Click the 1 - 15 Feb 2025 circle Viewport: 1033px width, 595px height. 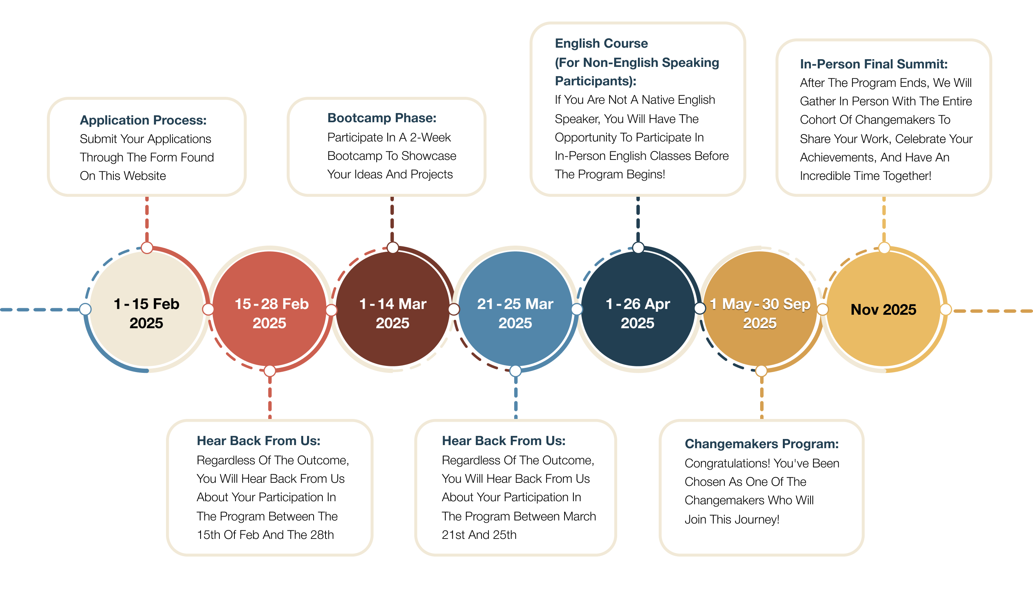tap(147, 309)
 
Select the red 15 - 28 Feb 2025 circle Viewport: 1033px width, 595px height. tap(269, 309)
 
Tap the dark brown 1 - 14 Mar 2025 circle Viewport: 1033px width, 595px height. tap(392, 309)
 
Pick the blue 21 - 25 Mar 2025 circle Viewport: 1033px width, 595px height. tap(515, 309)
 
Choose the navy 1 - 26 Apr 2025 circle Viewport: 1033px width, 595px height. tap(638, 309)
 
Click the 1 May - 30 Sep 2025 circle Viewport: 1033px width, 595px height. tap(761, 309)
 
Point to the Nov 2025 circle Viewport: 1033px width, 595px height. tap(884, 309)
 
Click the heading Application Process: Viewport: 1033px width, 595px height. tap(143, 120)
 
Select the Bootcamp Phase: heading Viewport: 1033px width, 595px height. tap(382, 118)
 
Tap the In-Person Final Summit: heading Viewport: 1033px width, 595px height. tap(874, 64)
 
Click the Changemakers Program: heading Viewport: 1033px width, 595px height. tap(762, 444)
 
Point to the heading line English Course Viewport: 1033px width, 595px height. tap(601, 43)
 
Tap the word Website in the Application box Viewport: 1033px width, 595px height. tap(144, 176)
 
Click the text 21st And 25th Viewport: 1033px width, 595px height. tap(479, 535)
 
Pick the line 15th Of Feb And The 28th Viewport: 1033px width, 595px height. tap(265, 535)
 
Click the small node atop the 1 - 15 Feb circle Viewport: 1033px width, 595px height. tap(147, 248)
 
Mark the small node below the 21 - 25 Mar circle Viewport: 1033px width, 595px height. tap(515, 371)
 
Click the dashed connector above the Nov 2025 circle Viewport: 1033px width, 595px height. tap(884, 219)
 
